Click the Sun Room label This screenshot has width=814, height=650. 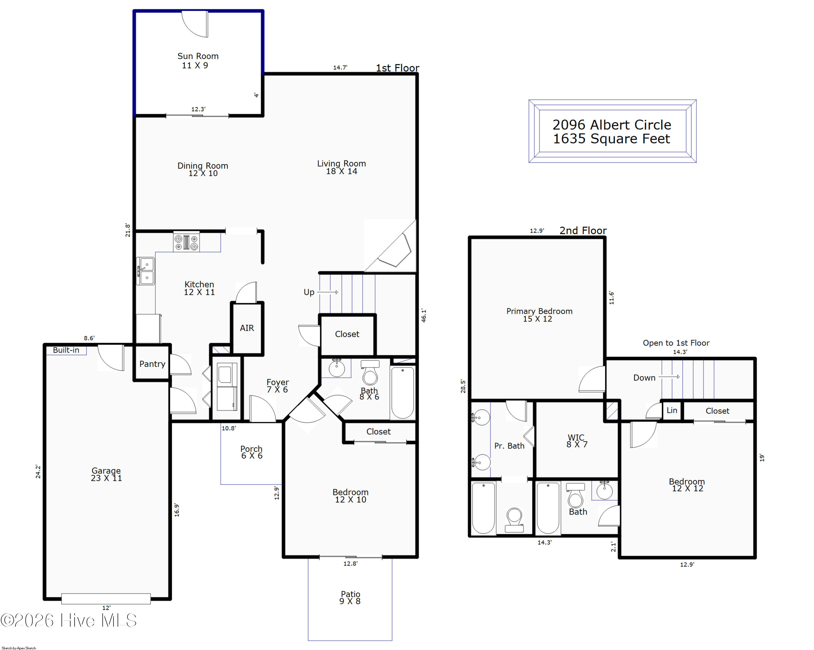(x=198, y=56)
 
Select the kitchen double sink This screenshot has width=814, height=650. (x=145, y=271)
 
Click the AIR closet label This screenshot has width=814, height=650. (x=247, y=328)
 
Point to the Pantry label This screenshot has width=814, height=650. (x=152, y=364)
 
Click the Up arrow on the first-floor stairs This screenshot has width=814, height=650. (x=328, y=292)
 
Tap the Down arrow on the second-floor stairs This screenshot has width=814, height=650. (x=669, y=377)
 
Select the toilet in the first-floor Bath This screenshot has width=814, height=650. (x=370, y=372)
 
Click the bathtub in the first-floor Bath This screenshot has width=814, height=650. (x=402, y=393)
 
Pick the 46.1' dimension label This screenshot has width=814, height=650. (x=424, y=316)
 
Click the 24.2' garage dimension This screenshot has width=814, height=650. (x=38, y=472)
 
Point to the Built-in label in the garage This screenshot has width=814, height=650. (x=66, y=350)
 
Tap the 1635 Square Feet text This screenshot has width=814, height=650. (x=612, y=139)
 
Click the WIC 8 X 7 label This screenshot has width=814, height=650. (x=577, y=441)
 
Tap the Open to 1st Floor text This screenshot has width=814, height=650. (x=676, y=343)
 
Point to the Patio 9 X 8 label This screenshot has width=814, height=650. (x=350, y=598)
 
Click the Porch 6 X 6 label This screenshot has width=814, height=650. (x=252, y=452)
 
